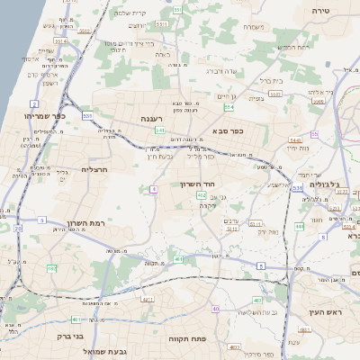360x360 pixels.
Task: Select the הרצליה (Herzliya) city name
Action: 94,169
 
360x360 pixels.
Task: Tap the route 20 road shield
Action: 18,229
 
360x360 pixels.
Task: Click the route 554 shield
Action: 229,108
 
